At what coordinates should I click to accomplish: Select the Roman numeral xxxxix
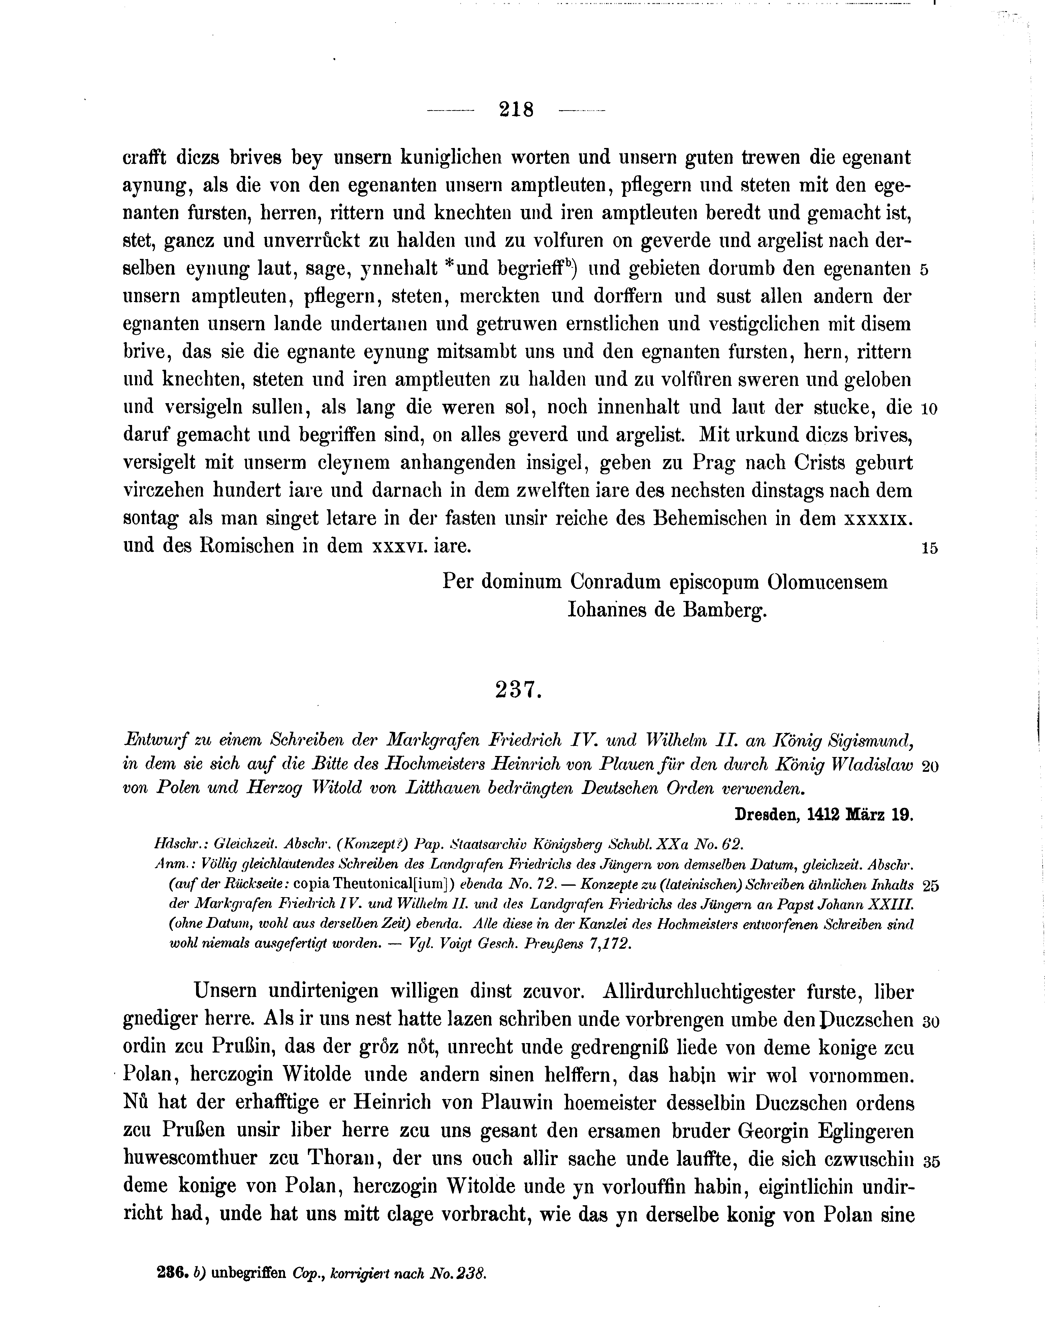click(879, 518)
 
